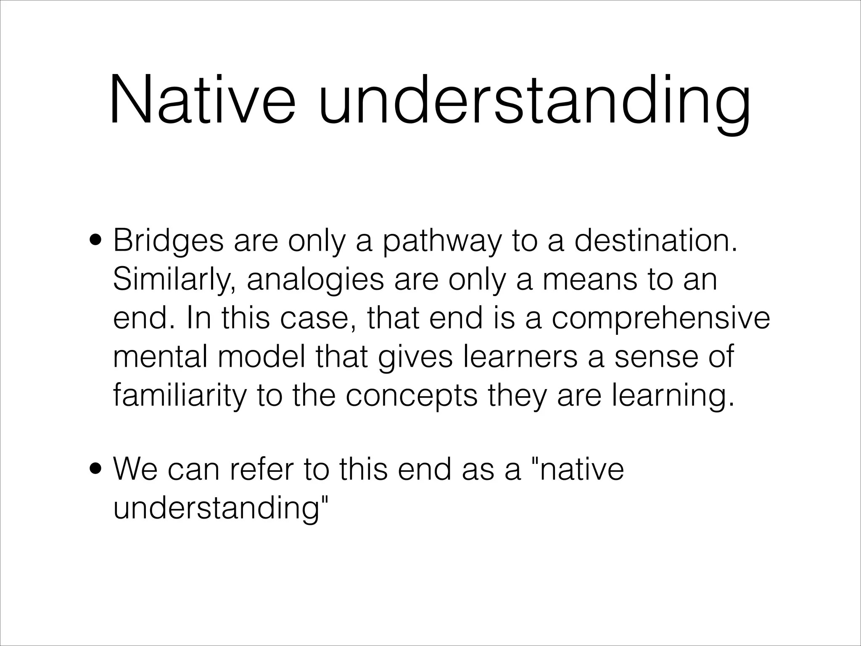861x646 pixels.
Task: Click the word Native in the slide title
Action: (x=202, y=101)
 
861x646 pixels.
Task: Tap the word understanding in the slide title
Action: (x=534, y=101)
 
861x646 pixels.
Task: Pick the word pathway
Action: (x=442, y=242)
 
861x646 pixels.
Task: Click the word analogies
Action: (x=315, y=281)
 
